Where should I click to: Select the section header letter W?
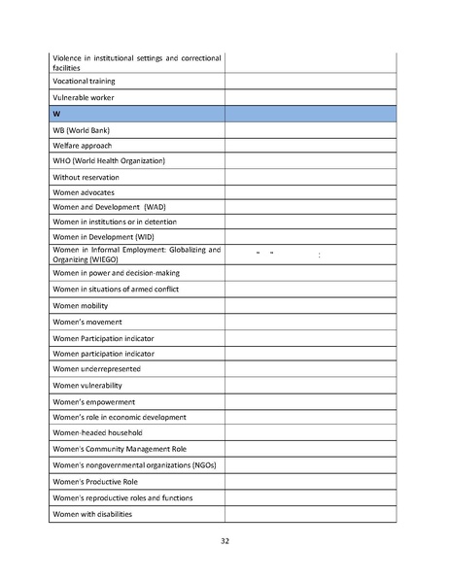coord(56,114)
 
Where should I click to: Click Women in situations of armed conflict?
coord(116,289)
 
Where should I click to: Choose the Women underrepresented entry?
coord(96,368)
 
